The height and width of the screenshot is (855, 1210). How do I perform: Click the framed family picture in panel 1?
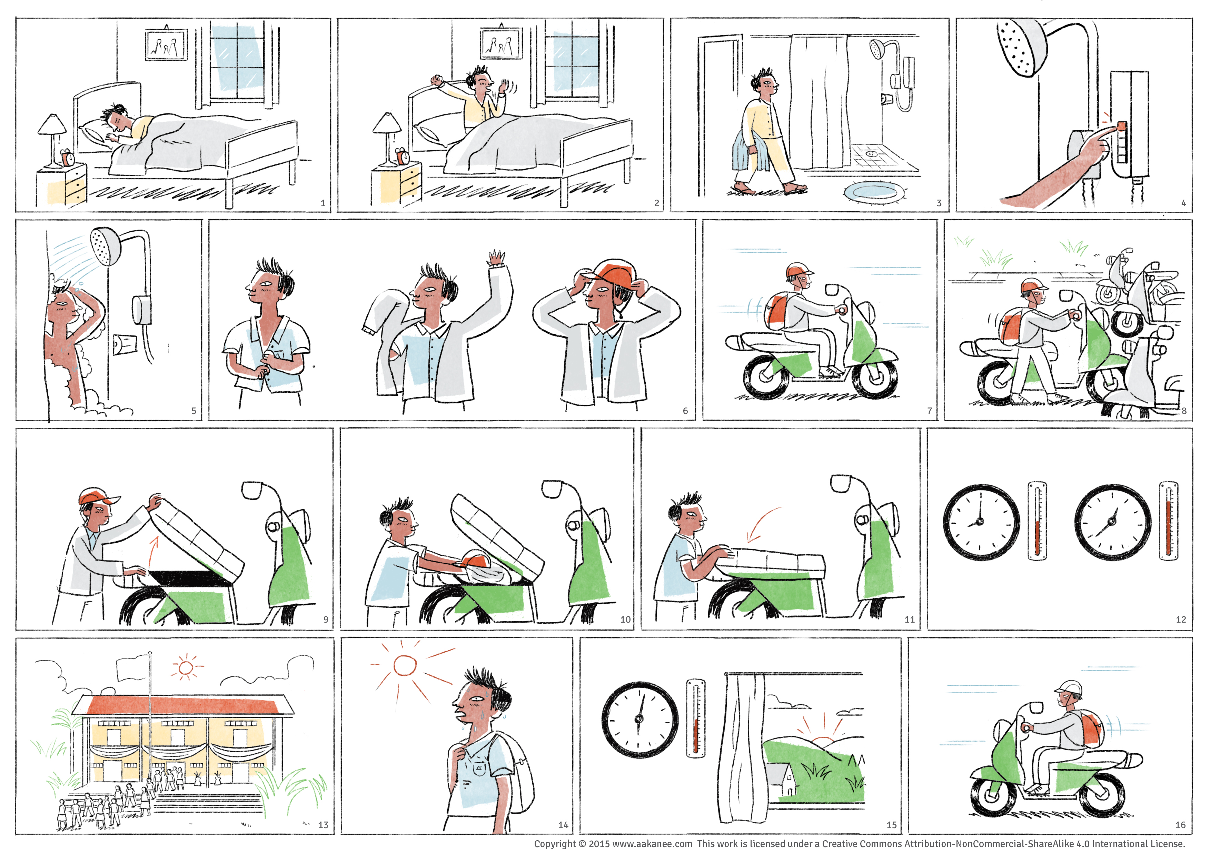click(x=166, y=45)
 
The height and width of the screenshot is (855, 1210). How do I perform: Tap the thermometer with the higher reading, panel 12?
click(x=1168, y=521)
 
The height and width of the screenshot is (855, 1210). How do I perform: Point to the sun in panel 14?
click(x=405, y=665)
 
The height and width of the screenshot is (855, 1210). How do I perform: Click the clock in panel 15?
click(x=640, y=720)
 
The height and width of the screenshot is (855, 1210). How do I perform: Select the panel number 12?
click(x=1181, y=620)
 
